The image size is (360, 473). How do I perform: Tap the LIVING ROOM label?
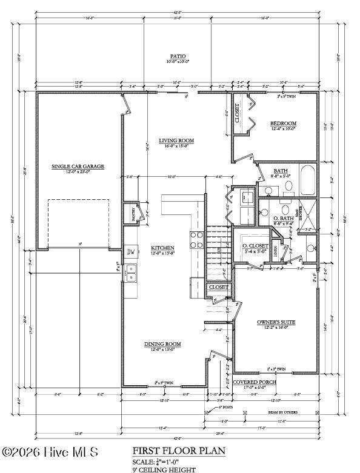pyautogui.click(x=176, y=141)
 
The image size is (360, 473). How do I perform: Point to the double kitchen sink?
pyautogui.click(x=131, y=274)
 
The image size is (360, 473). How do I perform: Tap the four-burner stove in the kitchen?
pyautogui.click(x=197, y=241)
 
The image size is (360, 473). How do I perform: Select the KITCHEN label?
pyautogui.click(x=162, y=248)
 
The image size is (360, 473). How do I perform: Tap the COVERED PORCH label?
pyautogui.click(x=255, y=383)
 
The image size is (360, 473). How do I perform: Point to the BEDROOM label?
pyautogui.click(x=282, y=124)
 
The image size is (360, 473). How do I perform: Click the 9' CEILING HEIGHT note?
pyautogui.click(x=164, y=469)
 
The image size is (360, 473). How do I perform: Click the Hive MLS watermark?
pyautogui.click(x=50, y=452)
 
